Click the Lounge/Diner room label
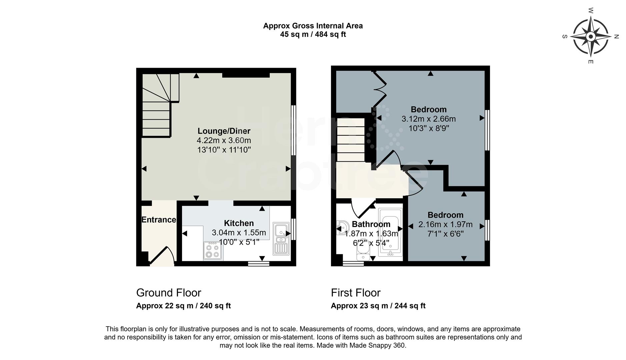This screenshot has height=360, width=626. pos(224,131)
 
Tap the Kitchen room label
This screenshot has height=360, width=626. pos(239,223)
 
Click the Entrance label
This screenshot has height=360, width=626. pos(159,220)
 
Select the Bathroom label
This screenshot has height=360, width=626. pos(371,224)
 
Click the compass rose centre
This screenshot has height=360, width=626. pos(590,36)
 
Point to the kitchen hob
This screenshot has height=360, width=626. pos(213,251)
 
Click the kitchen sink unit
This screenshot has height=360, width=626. pos(281,238)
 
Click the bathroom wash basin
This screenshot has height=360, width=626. pos(341,228)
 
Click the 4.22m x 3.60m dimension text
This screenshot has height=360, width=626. pos(224,140)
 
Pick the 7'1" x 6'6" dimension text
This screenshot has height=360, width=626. pos(445,234)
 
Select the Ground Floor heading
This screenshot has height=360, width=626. pos(169,293)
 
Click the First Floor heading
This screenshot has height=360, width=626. pos(355,293)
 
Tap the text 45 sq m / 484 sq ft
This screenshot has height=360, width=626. pos(313,34)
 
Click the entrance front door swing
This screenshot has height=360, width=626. pos(162,256)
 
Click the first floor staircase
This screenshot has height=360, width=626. pos(351,140)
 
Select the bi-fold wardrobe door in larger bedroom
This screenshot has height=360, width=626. pos(380,88)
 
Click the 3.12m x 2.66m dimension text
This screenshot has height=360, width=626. pos(428,119)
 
